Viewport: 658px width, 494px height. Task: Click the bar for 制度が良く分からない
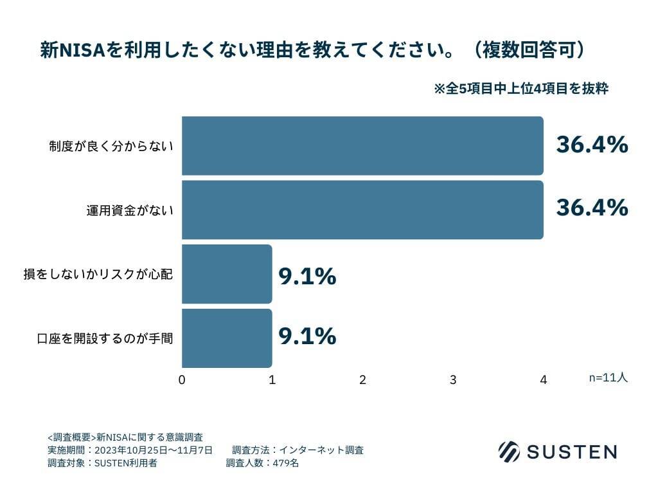click(x=362, y=145)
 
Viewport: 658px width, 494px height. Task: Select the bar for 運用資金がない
click(x=362, y=210)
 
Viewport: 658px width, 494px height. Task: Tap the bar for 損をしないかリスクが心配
click(x=227, y=274)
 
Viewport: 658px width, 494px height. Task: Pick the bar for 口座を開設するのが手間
click(x=227, y=338)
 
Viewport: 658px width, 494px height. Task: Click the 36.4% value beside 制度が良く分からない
click(x=592, y=145)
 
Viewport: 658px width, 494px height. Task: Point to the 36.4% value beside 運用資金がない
click(x=592, y=208)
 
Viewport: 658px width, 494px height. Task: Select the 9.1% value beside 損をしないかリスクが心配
click(x=307, y=277)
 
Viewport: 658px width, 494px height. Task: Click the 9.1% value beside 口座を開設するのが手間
click(x=307, y=336)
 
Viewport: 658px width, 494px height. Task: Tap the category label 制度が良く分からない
click(x=111, y=146)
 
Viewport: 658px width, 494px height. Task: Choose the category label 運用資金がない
click(x=130, y=210)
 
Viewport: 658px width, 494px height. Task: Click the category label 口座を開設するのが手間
click(x=105, y=338)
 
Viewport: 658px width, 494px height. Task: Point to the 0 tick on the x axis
click(x=182, y=380)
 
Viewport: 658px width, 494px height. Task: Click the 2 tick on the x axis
click(x=362, y=380)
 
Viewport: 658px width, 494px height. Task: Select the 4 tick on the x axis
click(x=544, y=380)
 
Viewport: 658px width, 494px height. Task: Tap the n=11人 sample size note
click(x=608, y=378)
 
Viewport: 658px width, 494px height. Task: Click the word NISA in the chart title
click(x=82, y=50)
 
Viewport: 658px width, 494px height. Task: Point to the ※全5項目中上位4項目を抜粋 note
click(x=521, y=89)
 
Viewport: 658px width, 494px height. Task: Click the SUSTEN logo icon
click(x=509, y=451)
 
